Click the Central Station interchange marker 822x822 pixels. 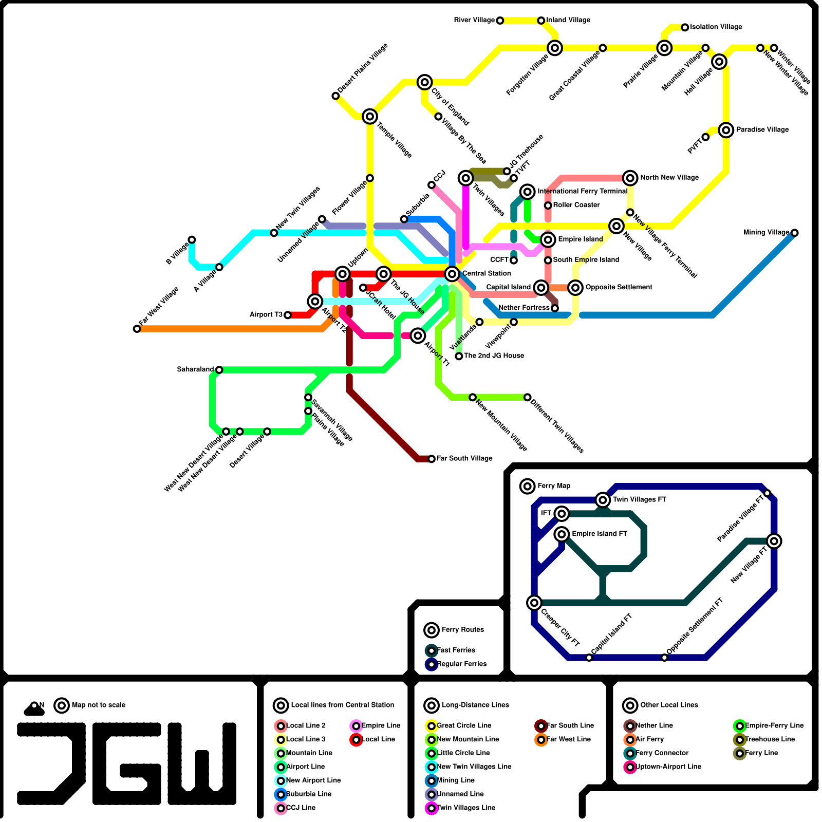point(452,274)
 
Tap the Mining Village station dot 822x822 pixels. point(794,233)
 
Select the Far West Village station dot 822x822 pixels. point(137,329)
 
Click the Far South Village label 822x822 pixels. point(464,458)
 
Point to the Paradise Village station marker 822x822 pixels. point(726,130)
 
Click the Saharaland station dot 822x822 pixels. point(219,370)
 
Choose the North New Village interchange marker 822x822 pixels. point(630,178)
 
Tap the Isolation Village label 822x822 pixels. point(716,27)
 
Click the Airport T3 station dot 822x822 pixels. point(288,315)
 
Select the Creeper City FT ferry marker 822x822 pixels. point(534,603)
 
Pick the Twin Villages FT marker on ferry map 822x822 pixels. point(603,499)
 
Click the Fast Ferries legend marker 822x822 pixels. point(432,650)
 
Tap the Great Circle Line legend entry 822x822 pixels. point(463,725)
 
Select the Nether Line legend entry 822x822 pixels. point(653,725)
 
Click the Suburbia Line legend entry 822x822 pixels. point(308,794)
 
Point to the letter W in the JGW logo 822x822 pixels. point(202,764)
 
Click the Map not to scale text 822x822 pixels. point(98,705)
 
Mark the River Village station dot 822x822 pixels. point(500,21)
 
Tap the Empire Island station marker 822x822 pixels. point(548,239)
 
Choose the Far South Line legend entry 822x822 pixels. point(570,725)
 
